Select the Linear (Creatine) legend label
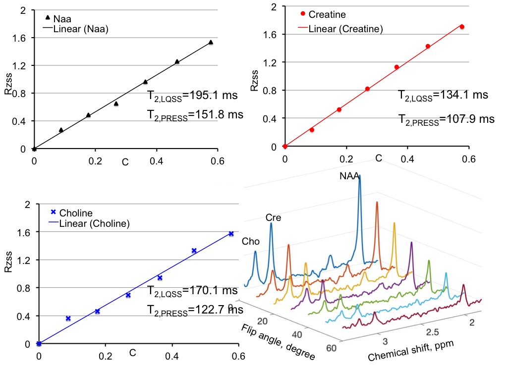point(345,29)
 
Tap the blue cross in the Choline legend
point(53,212)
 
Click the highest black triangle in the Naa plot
point(211,43)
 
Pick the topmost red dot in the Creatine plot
point(462,27)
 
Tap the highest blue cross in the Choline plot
point(231,234)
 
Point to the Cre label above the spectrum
point(274,217)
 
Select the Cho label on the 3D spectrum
point(251,241)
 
